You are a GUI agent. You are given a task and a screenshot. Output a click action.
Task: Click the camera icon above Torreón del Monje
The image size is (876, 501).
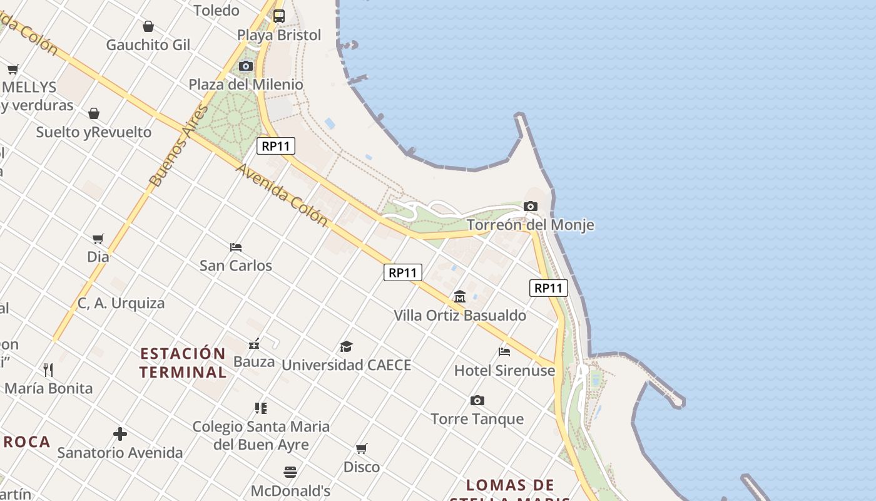[x=530, y=206]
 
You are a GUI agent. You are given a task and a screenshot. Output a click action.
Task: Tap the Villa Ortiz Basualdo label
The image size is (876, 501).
[x=459, y=315]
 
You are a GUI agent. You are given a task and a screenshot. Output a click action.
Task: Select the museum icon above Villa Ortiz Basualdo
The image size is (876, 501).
[x=460, y=296]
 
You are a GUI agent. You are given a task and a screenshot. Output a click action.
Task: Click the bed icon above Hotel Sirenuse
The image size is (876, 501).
[x=504, y=351]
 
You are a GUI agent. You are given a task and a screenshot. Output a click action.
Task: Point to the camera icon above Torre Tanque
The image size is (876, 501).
[x=477, y=400]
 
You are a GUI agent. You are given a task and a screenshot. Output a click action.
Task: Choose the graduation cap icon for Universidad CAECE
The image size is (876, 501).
[x=346, y=346]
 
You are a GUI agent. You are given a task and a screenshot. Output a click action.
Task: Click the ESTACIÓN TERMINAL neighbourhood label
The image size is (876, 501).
[x=183, y=363]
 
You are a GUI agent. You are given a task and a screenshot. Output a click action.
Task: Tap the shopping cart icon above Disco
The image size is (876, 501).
[x=361, y=448]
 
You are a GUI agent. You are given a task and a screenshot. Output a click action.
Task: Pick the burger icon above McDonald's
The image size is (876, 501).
[x=290, y=472]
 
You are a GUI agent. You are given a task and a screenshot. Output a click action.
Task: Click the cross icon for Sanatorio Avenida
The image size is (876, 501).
[x=120, y=433]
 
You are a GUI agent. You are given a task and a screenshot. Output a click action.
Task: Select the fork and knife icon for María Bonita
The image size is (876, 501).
[x=48, y=369]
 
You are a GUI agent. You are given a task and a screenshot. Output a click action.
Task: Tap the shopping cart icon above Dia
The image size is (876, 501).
[x=98, y=239]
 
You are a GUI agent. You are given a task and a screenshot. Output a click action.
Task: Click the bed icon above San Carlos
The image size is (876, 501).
[x=236, y=247]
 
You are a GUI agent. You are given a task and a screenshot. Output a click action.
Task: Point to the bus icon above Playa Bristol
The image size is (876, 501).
[x=279, y=16]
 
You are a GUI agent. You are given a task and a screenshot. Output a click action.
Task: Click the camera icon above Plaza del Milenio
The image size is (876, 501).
[x=246, y=66]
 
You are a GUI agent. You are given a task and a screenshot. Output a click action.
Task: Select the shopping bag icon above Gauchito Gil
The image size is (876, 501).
[x=148, y=26]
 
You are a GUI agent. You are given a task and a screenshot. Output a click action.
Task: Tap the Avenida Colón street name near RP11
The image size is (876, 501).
[x=282, y=195]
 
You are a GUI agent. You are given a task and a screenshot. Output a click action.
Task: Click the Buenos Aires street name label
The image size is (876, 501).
[x=179, y=146]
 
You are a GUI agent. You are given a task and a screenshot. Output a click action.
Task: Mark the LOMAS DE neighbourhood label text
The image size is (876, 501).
[x=510, y=485]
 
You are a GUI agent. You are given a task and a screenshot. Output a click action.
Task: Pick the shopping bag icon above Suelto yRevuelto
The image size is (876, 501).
[x=93, y=113]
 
